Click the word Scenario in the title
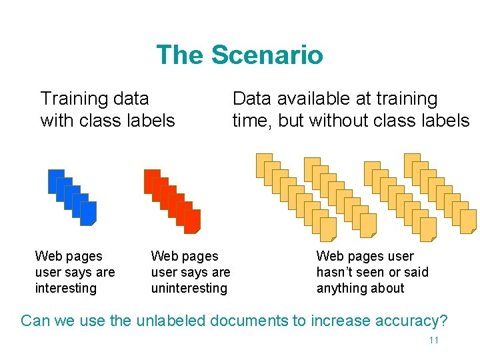pos(267,55)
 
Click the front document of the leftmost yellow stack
pos(328,229)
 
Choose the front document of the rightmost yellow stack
pos(469,221)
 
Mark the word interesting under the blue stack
pos(66,288)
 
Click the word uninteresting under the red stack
pos(189,288)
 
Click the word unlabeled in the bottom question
pos(171,321)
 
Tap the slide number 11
pos(433,341)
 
